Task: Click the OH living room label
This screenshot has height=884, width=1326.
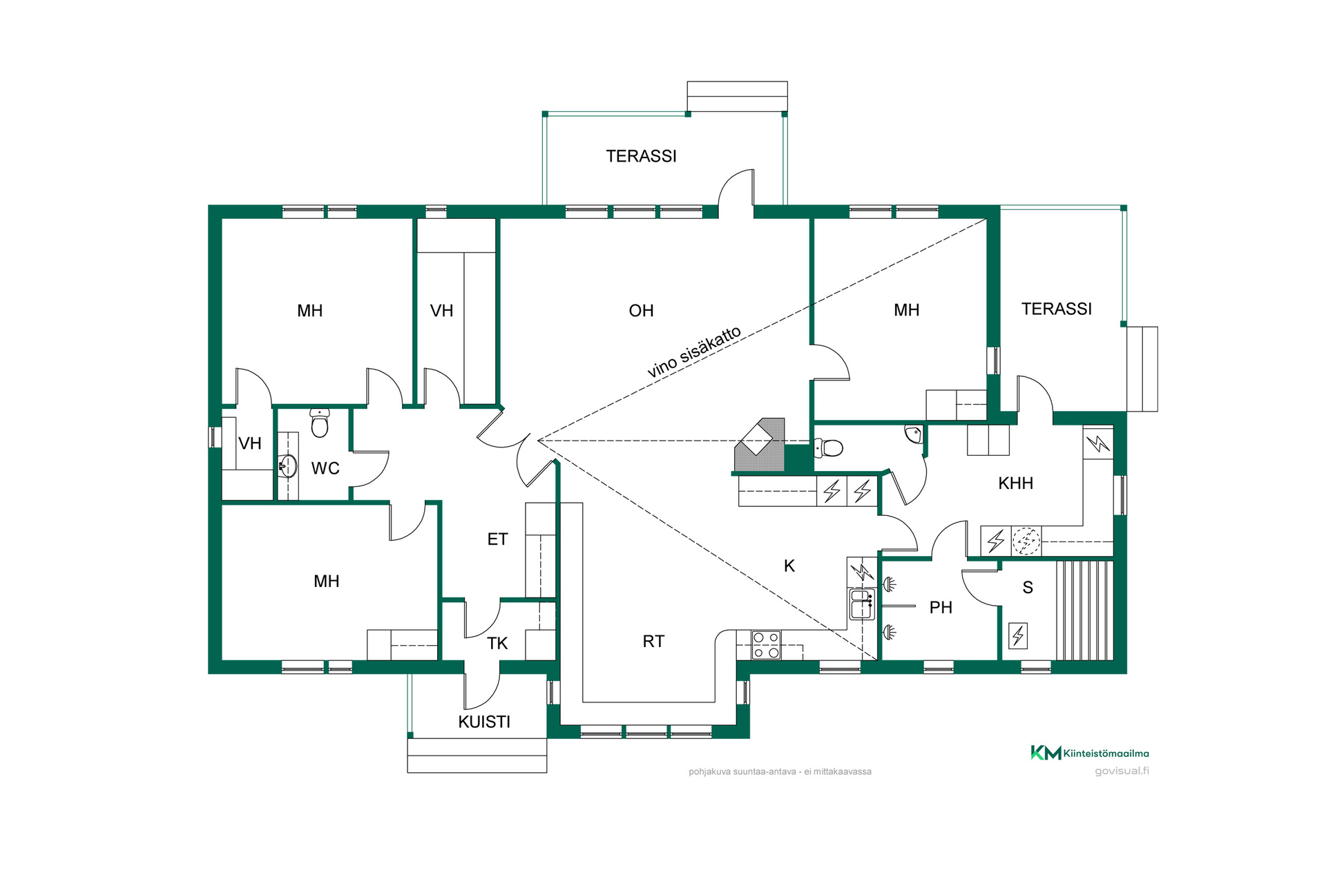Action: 641,311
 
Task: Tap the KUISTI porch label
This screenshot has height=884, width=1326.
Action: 484,722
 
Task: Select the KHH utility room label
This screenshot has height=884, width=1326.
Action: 1015,483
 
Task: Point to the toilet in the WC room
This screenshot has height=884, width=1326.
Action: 319,423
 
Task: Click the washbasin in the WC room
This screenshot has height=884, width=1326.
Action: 287,466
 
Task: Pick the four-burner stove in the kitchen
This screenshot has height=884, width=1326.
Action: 766,645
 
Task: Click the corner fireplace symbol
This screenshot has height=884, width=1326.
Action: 760,445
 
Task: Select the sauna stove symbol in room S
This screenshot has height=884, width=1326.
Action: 1018,635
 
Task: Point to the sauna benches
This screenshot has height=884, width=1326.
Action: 1084,610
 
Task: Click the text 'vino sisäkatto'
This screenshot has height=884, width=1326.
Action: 694,352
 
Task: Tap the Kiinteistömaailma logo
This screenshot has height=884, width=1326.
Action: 1090,753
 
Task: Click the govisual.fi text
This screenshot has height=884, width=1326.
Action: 1122,771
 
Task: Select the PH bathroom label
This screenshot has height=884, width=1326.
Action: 941,608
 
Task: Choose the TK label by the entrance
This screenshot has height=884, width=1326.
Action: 497,644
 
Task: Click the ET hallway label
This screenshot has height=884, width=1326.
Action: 497,539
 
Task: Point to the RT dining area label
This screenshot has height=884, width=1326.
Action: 653,642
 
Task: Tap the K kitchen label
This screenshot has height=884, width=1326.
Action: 789,566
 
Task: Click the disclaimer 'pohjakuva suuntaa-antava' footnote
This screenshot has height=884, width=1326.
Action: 780,771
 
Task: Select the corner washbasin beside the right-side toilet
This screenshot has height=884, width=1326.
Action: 913,434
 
